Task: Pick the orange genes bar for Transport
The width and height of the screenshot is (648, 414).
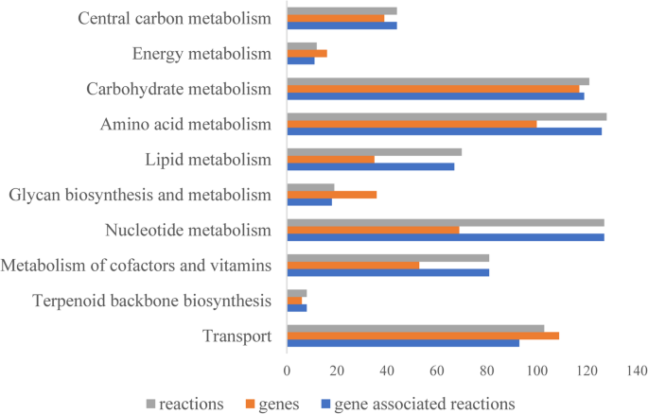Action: [x=423, y=336]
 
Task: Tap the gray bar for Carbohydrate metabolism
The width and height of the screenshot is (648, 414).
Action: [x=438, y=81]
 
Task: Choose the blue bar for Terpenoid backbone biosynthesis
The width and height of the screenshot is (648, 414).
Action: [x=297, y=308]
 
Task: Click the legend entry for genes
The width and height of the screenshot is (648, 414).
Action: [x=272, y=404]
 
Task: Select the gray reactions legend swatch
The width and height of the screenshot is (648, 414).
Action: [x=151, y=405]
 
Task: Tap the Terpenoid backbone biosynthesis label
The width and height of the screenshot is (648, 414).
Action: [x=152, y=302]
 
